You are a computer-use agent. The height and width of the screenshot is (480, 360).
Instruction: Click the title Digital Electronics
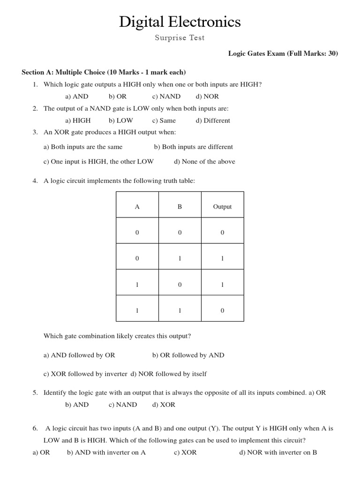(180, 22)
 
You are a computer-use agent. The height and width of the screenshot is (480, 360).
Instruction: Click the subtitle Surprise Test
(180, 38)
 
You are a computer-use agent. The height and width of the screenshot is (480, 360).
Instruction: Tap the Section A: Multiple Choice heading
(104, 72)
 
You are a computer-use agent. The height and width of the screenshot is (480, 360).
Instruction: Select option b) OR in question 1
(118, 97)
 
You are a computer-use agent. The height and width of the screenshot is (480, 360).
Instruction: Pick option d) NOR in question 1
(207, 97)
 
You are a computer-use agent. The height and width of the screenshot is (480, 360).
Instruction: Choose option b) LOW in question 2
(120, 120)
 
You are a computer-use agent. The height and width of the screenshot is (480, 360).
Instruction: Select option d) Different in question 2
(213, 120)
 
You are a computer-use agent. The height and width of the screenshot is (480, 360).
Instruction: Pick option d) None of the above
(204, 162)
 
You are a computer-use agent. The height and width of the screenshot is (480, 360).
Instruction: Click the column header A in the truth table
(137, 207)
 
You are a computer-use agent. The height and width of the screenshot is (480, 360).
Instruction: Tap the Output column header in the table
(222, 207)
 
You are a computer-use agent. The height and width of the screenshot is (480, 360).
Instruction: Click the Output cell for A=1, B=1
(222, 310)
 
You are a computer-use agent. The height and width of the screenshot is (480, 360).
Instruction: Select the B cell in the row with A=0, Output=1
(180, 258)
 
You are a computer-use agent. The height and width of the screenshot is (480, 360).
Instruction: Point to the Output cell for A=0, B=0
(222, 232)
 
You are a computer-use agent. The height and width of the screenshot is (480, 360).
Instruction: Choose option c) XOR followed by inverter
(85, 374)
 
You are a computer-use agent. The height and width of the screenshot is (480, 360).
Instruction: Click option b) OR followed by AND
(188, 355)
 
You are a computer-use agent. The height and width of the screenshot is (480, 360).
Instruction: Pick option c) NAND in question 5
(123, 405)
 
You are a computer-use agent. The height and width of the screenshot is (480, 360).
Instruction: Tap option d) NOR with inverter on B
(278, 452)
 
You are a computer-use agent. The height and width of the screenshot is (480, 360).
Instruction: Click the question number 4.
(35, 181)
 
